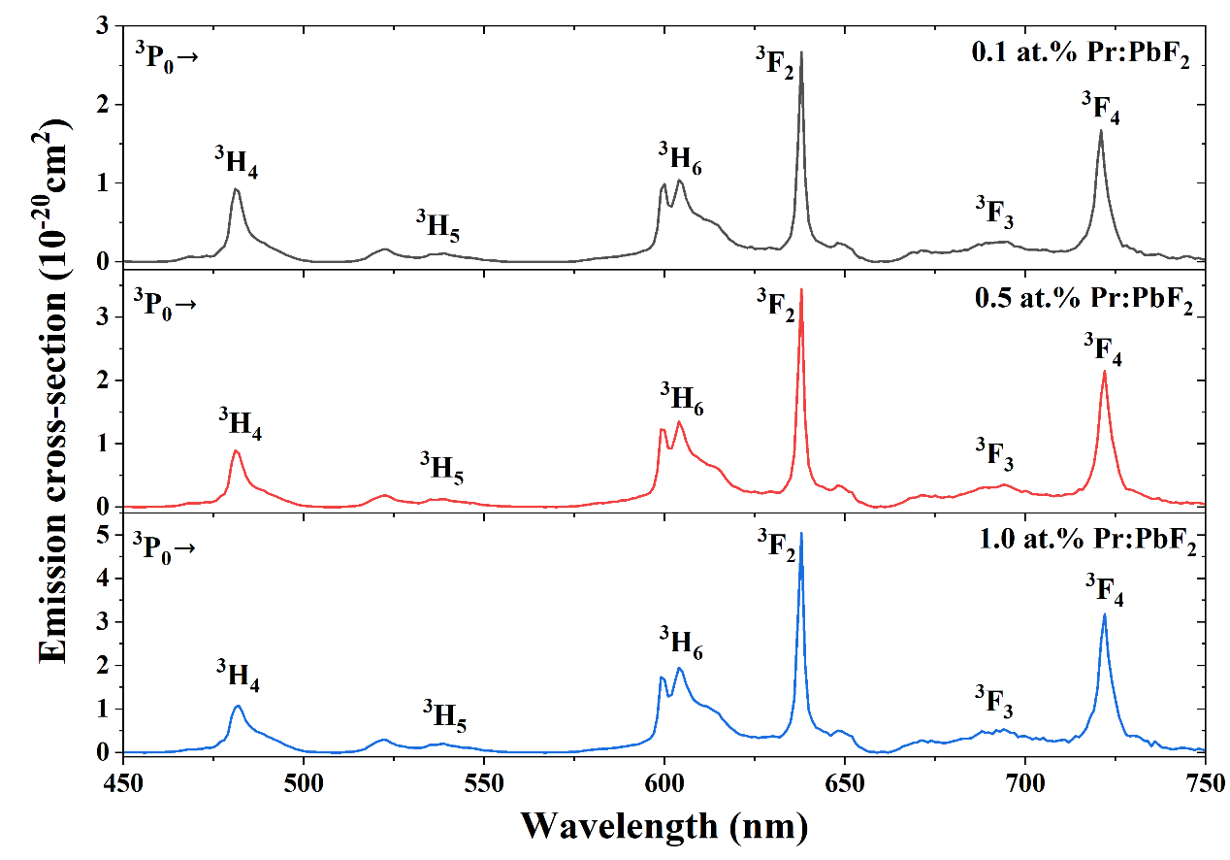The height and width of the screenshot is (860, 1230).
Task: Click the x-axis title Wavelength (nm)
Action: [x=664, y=826]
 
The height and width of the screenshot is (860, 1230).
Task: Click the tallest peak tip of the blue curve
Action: [x=801, y=533]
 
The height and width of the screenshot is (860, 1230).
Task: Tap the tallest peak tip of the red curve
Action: [x=801, y=289]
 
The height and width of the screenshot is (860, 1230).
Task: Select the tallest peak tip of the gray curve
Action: [x=801, y=52]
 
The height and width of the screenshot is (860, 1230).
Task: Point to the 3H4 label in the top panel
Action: [x=237, y=162]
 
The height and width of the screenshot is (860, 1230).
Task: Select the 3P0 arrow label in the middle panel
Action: [x=165, y=305]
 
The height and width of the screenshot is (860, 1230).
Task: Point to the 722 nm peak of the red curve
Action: [x=1104, y=372]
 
